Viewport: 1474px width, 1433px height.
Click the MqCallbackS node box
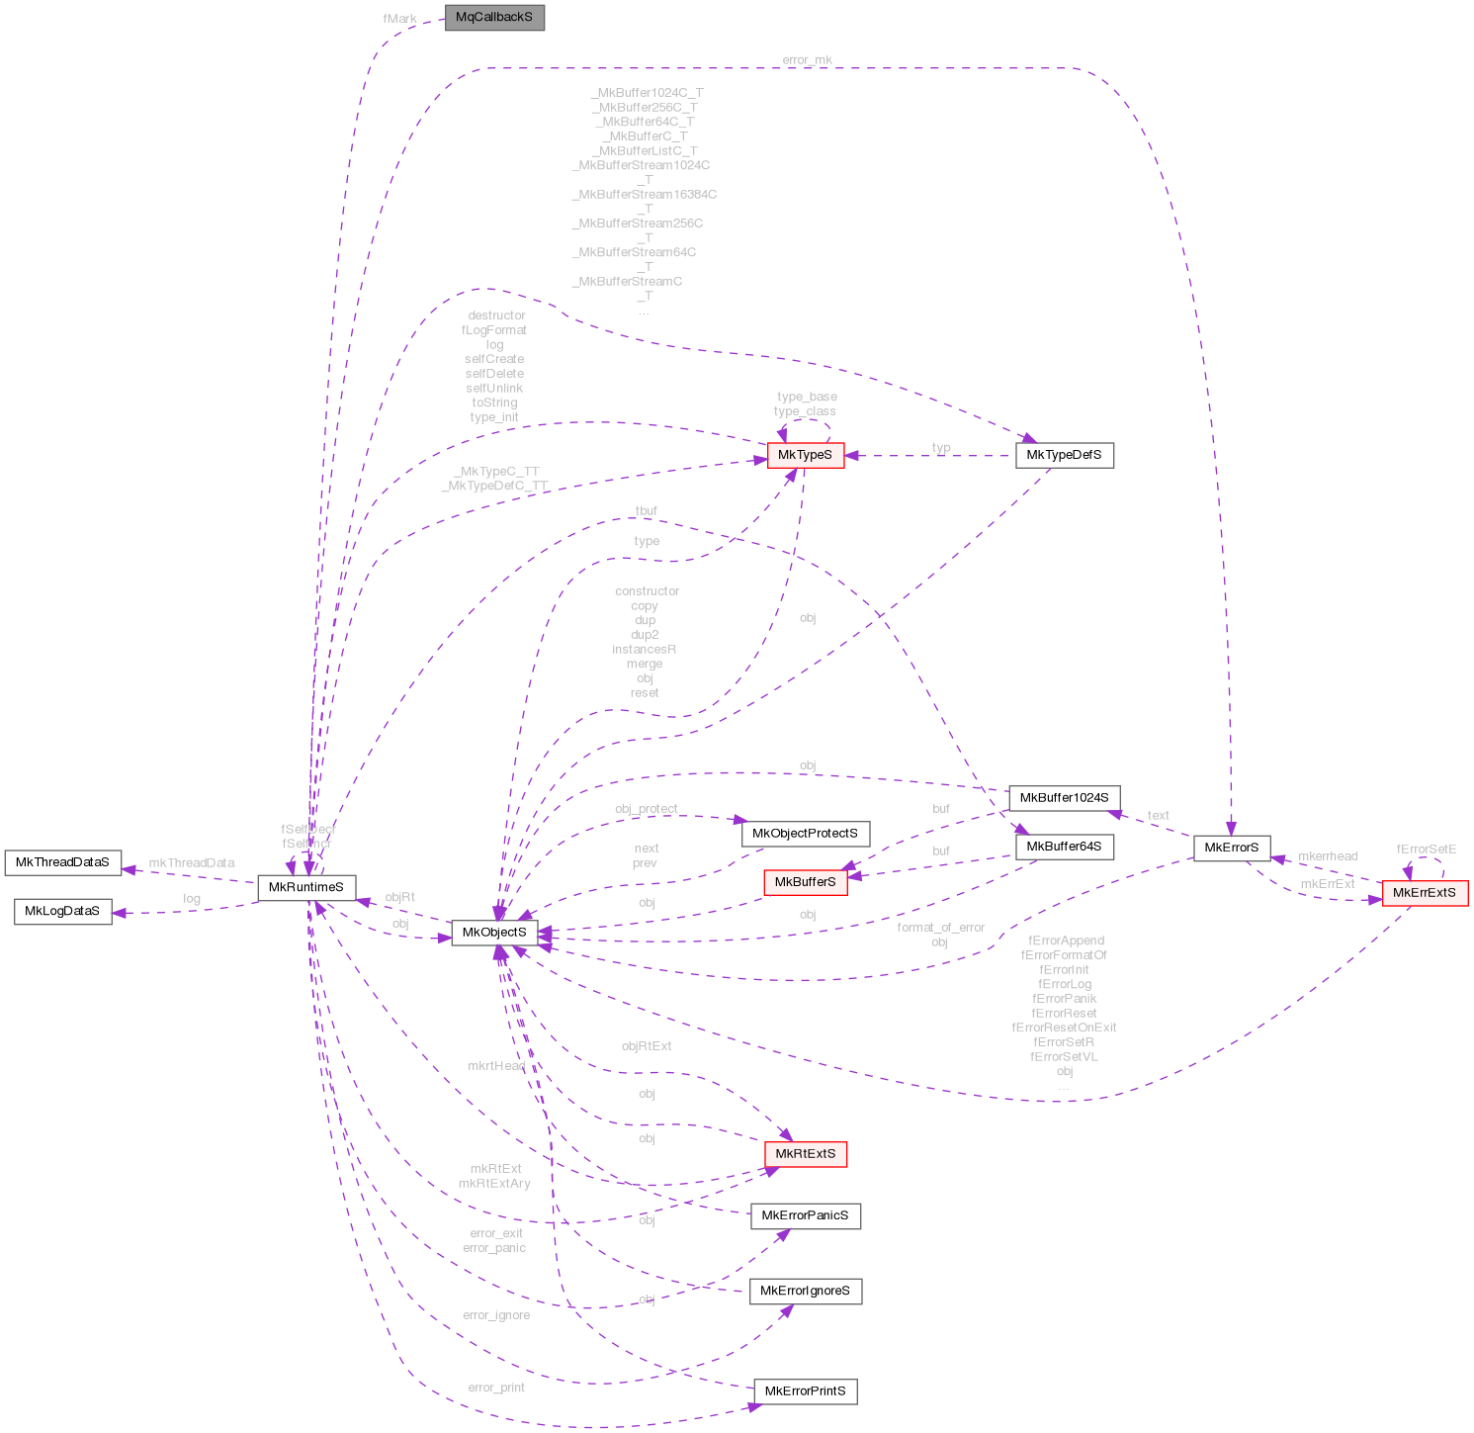(x=494, y=18)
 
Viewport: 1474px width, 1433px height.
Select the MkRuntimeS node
(x=306, y=887)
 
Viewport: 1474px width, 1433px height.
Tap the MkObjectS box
(x=494, y=932)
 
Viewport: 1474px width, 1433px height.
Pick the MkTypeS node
(x=806, y=455)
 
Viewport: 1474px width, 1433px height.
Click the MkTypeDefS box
(x=1064, y=455)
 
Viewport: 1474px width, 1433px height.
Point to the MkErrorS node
(x=1231, y=848)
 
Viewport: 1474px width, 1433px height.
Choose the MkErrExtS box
(x=1424, y=892)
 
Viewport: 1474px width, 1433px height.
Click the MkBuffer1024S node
(x=1064, y=797)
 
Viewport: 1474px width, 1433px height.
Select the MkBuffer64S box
(x=1064, y=847)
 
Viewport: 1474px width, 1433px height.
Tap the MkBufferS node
(x=805, y=882)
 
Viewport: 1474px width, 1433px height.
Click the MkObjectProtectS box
(x=805, y=833)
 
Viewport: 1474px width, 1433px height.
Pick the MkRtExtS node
(x=805, y=1153)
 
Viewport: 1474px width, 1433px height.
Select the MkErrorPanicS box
(x=805, y=1215)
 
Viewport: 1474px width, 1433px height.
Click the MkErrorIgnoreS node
(x=805, y=1291)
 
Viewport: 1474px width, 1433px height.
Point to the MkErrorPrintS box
(x=805, y=1391)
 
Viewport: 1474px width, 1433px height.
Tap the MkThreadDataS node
(x=62, y=862)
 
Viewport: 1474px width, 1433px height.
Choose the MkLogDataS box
(x=62, y=911)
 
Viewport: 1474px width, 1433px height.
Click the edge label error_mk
(x=807, y=60)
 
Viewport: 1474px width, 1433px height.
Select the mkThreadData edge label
(x=192, y=863)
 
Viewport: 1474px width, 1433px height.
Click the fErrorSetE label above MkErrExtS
(x=1426, y=850)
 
